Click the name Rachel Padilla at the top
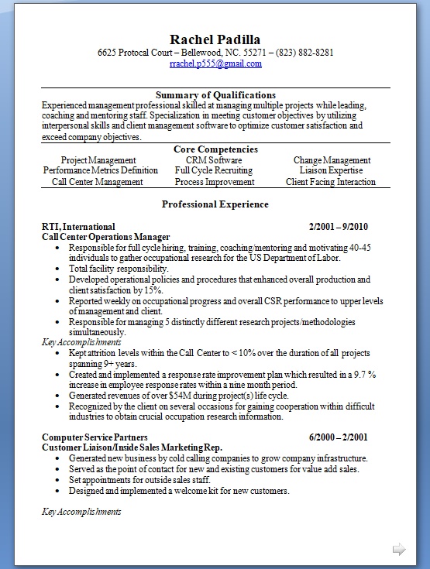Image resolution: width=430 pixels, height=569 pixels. [x=215, y=39]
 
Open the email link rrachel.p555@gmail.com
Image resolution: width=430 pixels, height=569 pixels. [x=215, y=64]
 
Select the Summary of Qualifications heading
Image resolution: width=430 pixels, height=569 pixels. [x=215, y=95]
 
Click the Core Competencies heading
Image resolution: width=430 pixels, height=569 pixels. [x=215, y=149]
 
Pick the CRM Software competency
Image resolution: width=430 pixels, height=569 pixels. [x=214, y=160]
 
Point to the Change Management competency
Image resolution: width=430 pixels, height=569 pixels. [x=332, y=160]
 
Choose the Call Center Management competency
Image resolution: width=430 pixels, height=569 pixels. [x=98, y=182]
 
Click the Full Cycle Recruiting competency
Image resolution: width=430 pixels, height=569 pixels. [x=214, y=171]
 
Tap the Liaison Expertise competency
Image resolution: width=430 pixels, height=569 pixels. [x=331, y=171]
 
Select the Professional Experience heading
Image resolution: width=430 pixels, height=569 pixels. [x=215, y=204]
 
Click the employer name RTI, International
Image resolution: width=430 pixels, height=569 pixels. [x=78, y=227]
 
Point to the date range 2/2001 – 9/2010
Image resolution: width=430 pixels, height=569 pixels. [x=338, y=227]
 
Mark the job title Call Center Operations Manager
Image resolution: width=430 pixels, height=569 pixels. [x=105, y=237]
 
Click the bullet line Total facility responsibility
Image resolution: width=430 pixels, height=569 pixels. [x=118, y=269]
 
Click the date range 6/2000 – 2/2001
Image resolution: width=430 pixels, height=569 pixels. [x=338, y=437]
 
